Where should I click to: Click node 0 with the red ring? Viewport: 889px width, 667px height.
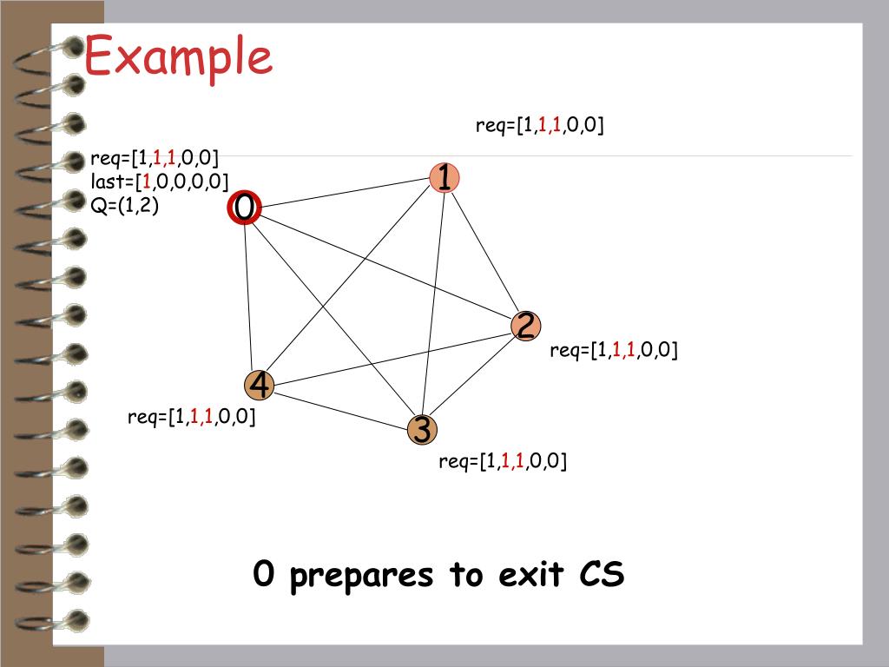(245, 208)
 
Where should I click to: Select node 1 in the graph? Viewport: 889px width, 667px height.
(444, 177)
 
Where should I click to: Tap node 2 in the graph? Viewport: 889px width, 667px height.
(525, 326)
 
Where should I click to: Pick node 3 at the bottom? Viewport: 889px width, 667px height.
(422, 429)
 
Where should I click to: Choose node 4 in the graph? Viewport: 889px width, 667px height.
(260, 385)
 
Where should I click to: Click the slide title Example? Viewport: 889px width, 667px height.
(178, 57)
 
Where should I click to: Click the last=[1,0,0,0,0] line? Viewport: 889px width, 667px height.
(159, 182)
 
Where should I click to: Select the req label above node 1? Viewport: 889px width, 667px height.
(539, 126)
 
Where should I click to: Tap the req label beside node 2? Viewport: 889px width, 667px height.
(613, 350)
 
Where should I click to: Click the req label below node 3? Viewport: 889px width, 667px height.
(502, 461)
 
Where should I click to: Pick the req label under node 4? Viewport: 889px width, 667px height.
(191, 418)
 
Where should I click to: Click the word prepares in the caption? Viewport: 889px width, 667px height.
(361, 575)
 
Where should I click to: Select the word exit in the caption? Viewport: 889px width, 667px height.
(530, 575)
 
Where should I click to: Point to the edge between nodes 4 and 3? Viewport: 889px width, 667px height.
(340, 407)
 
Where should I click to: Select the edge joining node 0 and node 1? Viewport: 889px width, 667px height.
(345, 193)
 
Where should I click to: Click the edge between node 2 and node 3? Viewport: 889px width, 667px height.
(474, 378)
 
